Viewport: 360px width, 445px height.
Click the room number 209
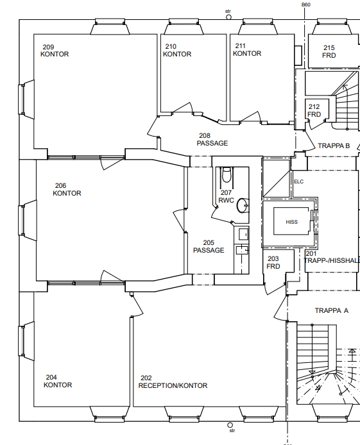click(48, 47)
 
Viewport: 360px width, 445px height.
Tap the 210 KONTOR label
click(177, 50)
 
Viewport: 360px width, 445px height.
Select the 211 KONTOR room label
click(247, 49)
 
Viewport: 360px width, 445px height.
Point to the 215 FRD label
click(329, 51)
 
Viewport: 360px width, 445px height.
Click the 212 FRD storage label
click(314, 110)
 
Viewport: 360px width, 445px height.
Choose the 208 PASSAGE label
click(212, 139)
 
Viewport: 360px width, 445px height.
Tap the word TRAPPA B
click(334, 146)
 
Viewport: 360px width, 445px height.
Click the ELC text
click(298, 181)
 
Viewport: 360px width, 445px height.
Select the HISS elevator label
click(291, 222)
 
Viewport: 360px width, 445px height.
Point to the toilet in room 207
click(227, 174)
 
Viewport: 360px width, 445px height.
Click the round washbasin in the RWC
click(243, 205)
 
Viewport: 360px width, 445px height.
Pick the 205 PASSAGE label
click(209, 246)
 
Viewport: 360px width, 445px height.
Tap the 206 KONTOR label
click(67, 189)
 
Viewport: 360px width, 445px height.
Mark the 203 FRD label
click(273, 262)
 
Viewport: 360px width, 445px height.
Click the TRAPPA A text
click(332, 310)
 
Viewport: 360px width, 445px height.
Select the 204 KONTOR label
click(58, 381)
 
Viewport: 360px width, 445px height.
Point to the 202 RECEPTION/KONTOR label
click(173, 382)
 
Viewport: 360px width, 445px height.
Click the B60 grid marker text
click(305, 5)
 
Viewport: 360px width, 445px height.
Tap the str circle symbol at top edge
click(228, 17)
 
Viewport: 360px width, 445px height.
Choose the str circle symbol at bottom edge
click(230, 425)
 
